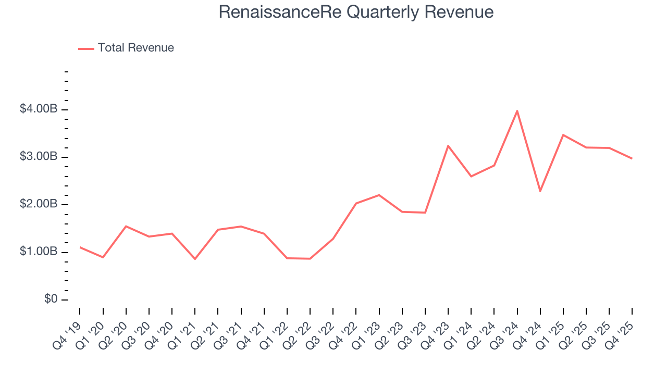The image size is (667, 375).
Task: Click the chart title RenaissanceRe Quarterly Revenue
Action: coord(356,12)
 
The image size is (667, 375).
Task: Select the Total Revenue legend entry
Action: coord(135,48)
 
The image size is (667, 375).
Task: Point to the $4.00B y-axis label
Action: coord(39,109)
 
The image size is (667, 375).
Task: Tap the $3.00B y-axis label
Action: coord(39,157)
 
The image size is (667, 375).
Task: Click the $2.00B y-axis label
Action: coord(39,205)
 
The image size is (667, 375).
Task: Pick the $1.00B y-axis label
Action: coord(39,252)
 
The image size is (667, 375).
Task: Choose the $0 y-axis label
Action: coord(50,299)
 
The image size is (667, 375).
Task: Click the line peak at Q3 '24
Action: coord(517,111)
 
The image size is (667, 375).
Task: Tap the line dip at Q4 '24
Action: coord(540,191)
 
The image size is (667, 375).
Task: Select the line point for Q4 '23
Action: coord(448,146)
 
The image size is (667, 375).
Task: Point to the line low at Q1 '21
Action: coord(195,259)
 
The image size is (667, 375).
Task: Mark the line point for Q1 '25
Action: coord(563,135)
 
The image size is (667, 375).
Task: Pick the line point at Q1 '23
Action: coord(379,195)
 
